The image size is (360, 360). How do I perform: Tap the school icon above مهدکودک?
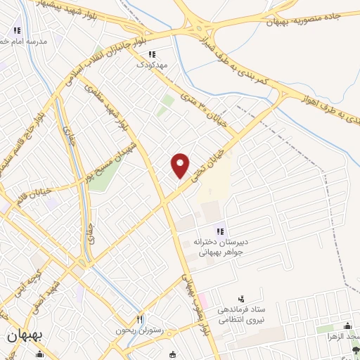(x=152, y=53)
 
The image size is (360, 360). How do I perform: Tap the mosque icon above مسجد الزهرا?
(x=347, y=326)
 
